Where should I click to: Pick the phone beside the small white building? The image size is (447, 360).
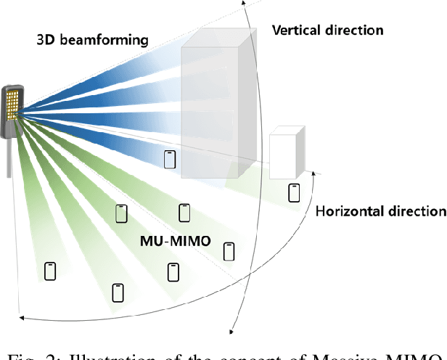point(294,192)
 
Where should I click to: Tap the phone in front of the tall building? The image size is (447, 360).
point(170,159)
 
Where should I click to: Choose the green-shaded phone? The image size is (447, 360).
point(121,213)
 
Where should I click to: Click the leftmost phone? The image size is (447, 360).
point(50,271)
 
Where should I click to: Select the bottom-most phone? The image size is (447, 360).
point(118,292)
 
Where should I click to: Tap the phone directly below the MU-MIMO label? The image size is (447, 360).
point(173,272)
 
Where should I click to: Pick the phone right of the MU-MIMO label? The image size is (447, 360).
point(229,251)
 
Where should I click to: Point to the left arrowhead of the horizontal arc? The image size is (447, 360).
point(22,316)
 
